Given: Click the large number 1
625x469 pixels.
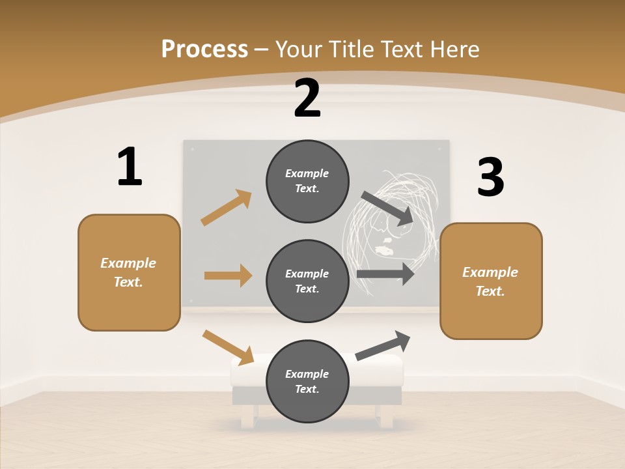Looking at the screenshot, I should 130,167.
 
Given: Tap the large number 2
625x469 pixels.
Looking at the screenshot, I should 307,98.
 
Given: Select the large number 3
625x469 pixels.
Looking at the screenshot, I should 490,178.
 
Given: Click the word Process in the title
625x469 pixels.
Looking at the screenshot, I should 204,49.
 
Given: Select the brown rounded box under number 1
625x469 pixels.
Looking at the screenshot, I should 129,272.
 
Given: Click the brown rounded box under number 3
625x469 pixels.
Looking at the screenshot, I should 491,281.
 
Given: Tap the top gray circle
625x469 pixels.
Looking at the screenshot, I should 307,181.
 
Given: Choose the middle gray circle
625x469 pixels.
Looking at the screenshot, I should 307,281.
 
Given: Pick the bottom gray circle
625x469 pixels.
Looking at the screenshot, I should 307,381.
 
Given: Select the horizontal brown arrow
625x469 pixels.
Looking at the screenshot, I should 228,276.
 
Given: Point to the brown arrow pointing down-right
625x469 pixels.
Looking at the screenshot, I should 228,347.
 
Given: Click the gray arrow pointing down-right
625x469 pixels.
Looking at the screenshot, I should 387,208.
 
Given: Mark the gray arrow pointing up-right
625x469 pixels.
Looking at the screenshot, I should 383,345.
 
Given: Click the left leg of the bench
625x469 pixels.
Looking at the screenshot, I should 247,416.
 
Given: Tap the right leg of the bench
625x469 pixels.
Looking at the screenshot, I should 387,416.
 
